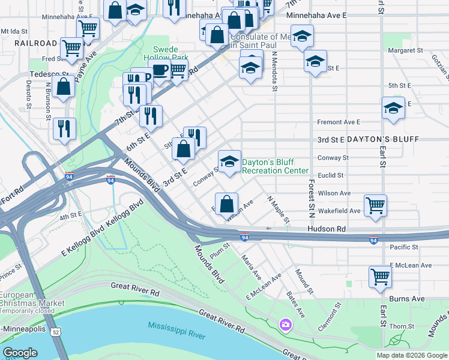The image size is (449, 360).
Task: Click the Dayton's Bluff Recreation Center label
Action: [x=275, y=166]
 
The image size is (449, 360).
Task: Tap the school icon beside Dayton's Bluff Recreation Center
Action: [x=229, y=162]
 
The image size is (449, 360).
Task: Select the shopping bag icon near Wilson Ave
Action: [x=226, y=204]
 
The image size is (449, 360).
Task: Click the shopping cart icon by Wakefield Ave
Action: [x=376, y=205]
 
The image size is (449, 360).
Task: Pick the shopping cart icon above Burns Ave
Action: [x=381, y=277]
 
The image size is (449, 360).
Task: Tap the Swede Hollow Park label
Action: [x=170, y=53]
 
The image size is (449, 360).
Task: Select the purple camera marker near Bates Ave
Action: [x=285, y=325]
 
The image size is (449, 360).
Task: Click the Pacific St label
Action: [x=403, y=247]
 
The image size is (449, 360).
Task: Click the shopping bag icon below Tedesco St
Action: [x=64, y=87]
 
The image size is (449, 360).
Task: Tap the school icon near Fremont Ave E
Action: [x=393, y=109]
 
